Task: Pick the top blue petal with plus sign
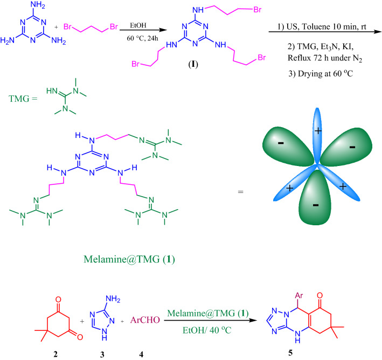(317, 133)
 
